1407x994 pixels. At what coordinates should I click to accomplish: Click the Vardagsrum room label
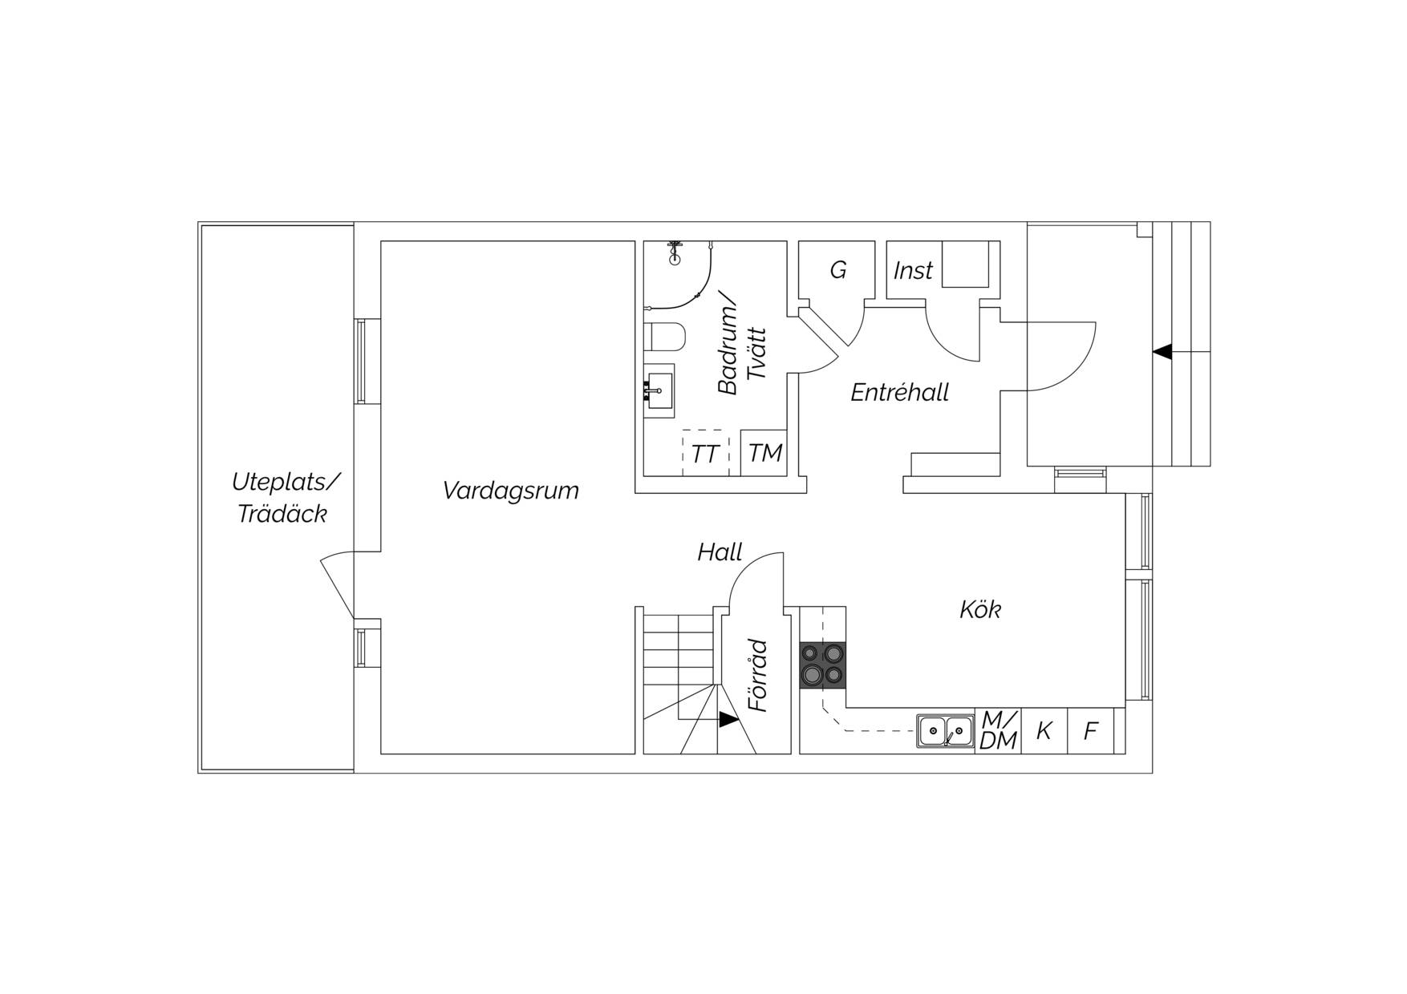(510, 491)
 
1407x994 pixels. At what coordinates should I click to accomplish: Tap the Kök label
(980, 609)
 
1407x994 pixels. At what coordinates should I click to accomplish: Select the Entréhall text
(899, 392)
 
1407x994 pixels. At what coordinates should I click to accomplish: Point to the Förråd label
(758, 676)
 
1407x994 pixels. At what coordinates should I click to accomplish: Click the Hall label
(720, 552)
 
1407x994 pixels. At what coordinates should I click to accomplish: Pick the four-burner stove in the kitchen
(823, 665)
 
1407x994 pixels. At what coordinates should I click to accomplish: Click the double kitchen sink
(945, 731)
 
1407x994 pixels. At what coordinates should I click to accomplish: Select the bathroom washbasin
(659, 391)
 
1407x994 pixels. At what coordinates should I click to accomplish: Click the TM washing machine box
(764, 453)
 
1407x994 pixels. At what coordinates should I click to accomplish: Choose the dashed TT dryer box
(706, 453)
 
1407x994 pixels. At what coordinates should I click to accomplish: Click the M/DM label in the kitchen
(998, 731)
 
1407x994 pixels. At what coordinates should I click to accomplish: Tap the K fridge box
(1044, 731)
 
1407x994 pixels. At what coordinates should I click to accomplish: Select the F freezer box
(1091, 731)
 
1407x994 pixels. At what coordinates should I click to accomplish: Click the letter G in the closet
(838, 270)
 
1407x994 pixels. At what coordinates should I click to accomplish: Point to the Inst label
(913, 271)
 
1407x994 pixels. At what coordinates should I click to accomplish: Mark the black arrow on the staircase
(728, 720)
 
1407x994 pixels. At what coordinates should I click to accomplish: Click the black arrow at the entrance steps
(1162, 351)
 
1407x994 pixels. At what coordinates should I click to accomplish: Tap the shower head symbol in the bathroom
(675, 253)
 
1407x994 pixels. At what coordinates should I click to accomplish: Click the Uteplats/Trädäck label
(286, 498)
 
